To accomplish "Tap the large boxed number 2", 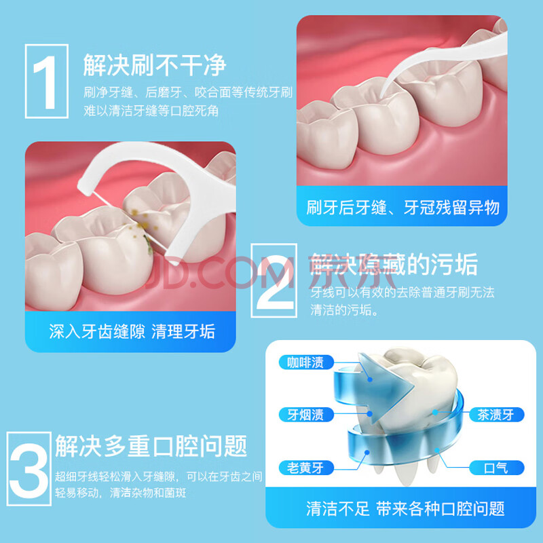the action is click(274, 280).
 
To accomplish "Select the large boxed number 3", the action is click(29, 468).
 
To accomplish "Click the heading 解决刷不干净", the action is click(155, 65).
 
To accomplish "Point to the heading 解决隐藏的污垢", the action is click(394, 265).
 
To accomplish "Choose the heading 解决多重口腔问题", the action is click(151, 446).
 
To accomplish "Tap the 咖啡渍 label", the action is click(306, 362).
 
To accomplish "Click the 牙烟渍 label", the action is click(306, 415).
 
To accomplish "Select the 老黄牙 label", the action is click(306, 468).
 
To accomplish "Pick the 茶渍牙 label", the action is click(496, 415).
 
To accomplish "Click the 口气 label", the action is click(496, 468).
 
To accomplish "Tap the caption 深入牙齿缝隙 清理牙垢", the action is click(132, 331).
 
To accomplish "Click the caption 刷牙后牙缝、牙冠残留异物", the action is click(402, 208).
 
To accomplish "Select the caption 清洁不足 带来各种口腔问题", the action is click(405, 508).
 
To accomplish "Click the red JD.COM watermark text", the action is click(219, 274).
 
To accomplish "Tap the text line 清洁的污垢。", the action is click(344, 310).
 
